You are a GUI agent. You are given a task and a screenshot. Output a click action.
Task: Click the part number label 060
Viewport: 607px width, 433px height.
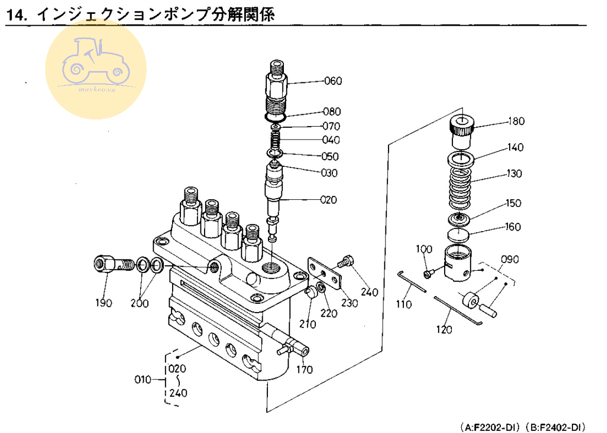[x=333, y=81]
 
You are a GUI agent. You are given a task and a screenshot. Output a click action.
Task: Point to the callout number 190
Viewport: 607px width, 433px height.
[x=103, y=303]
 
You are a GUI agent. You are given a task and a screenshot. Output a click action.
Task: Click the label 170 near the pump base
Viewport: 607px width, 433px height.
[x=303, y=369]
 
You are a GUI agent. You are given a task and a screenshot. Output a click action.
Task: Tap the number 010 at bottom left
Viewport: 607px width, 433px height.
[x=142, y=380]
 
